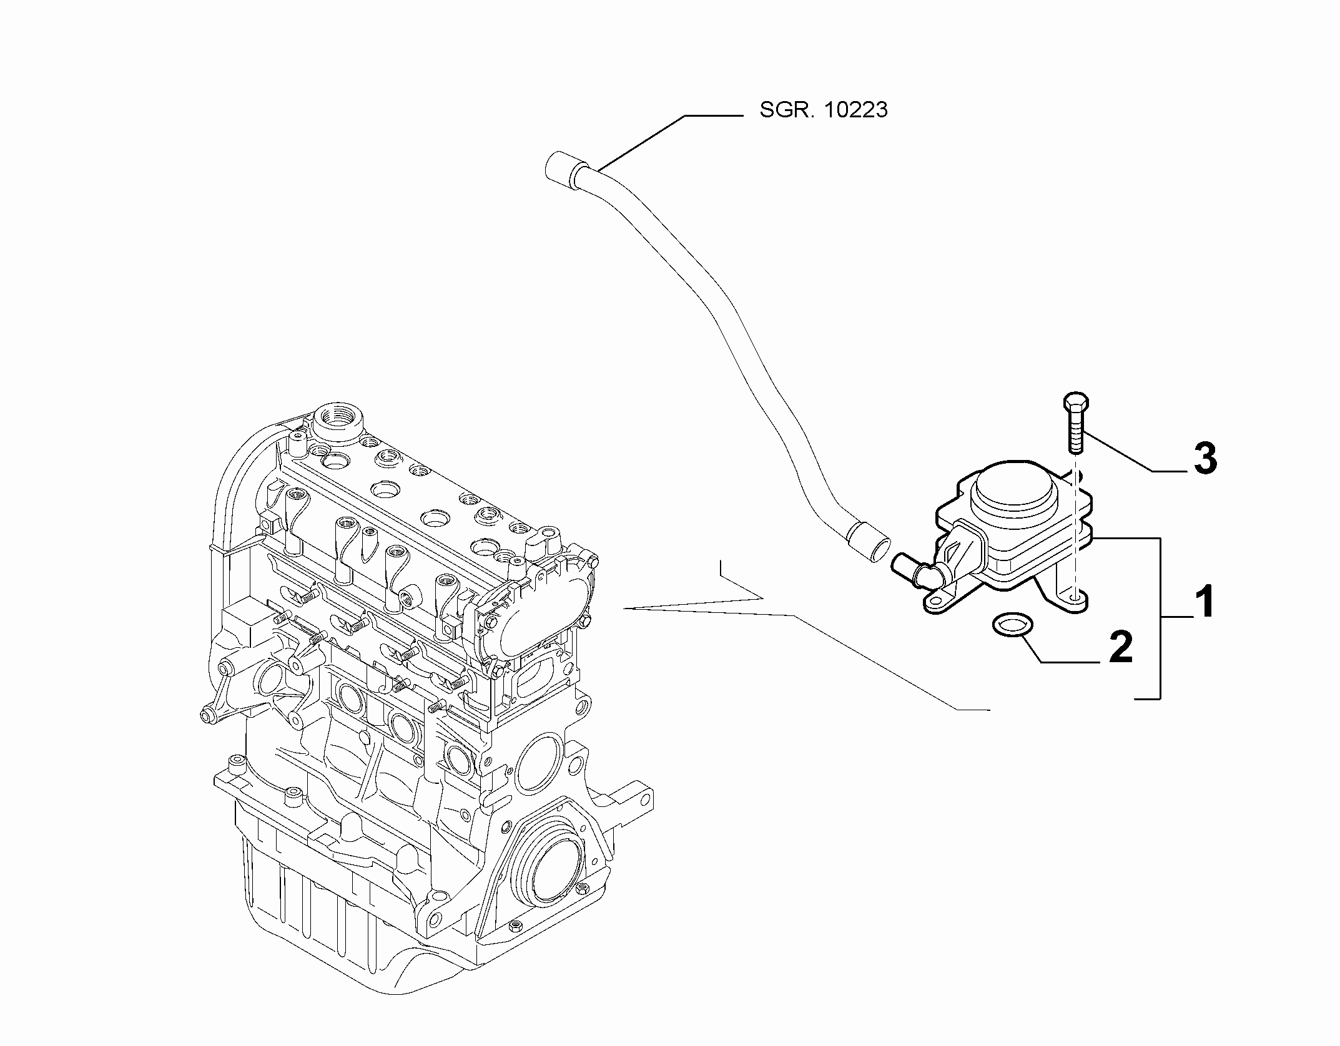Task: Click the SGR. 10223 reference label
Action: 823,110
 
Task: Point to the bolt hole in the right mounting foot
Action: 1075,597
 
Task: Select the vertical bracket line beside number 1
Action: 1160,618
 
